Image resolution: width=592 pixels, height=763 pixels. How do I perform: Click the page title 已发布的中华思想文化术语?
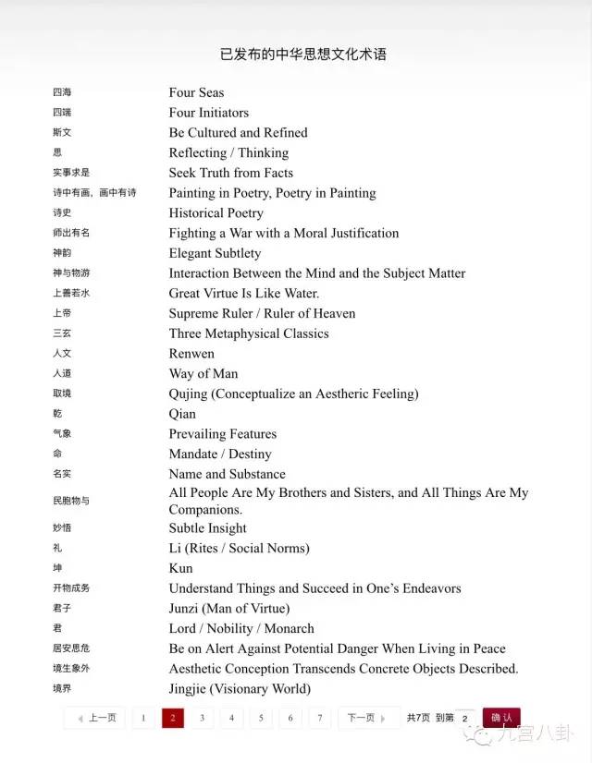(302, 54)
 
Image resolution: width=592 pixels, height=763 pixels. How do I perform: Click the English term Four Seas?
(196, 92)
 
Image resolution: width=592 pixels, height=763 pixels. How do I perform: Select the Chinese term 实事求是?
(71, 173)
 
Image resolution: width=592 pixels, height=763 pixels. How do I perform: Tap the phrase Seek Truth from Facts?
(230, 173)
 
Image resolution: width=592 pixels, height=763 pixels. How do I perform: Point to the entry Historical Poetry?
(216, 212)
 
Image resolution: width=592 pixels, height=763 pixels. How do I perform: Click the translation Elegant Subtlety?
(215, 253)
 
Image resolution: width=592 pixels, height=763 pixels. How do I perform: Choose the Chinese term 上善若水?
(71, 294)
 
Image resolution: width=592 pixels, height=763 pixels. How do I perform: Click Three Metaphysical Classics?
(248, 333)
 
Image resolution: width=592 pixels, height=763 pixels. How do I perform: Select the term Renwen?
(191, 354)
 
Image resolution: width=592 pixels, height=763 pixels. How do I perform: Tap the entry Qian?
(182, 414)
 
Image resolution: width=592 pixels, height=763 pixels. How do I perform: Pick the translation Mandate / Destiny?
(220, 454)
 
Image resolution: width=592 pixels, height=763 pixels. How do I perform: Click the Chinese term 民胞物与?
(71, 501)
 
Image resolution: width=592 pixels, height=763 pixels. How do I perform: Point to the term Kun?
(180, 568)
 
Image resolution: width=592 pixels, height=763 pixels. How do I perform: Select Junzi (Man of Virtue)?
(228, 608)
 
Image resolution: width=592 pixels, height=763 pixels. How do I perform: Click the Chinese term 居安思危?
(71, 648)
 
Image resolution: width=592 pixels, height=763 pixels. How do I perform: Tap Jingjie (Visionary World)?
(239, 688)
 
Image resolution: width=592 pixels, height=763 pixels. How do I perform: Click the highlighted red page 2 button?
(173, 718)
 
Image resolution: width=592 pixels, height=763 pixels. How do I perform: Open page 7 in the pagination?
(320, 718)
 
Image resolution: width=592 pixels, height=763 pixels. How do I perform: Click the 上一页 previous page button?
(96, 718)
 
